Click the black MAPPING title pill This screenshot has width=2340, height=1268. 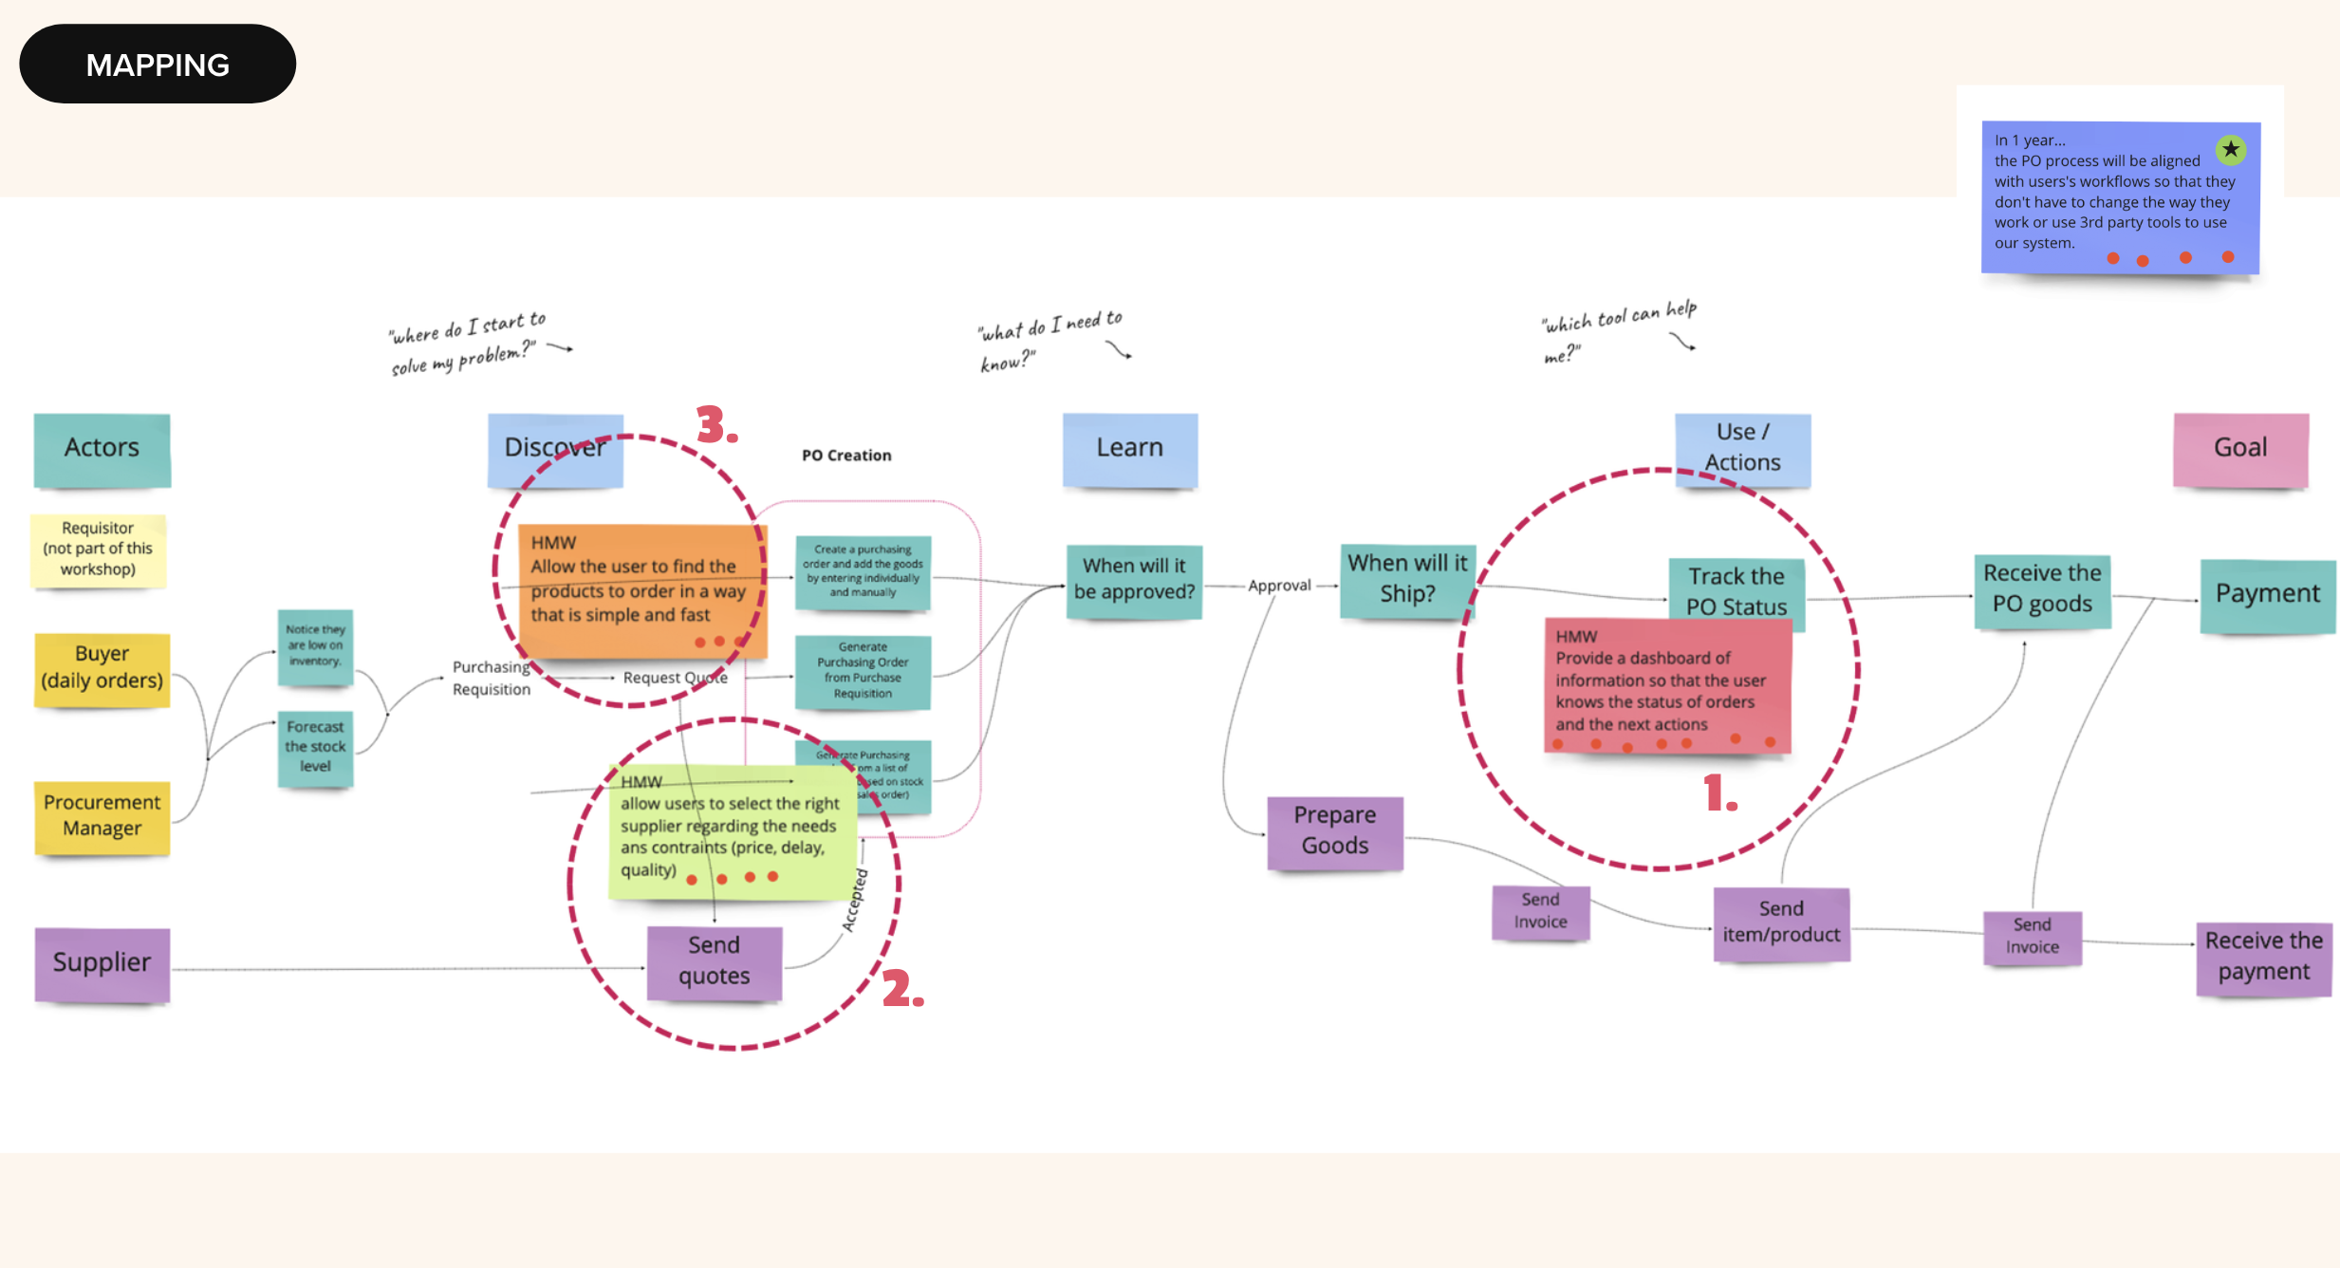click(x=158, y=65)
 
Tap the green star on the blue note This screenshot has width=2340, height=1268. click(x=2230, y=149)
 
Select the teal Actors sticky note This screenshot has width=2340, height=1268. click(x=102, y=448)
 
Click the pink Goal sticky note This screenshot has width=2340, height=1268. click(x=2240, y=448)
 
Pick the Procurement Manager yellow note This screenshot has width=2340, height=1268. click(x=102, y=815)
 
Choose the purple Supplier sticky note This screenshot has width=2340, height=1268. click(x=102, y=962)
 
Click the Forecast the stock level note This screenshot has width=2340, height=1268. click(x=315, y=747)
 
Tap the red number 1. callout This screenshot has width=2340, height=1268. click(x=1718, y=793)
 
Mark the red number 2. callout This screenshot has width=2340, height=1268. click(x=901, y=989)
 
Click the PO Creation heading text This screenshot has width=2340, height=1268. click(x=846, y=456)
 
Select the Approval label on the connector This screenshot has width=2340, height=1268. click(x=1279, y=586)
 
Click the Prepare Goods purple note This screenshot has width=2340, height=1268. click(x=1334, y=830)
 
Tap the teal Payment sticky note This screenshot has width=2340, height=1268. click(x=2267, y=594)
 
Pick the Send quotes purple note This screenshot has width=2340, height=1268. click(x=714, y=960)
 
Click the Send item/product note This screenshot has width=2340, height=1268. click(x=1781, y=923)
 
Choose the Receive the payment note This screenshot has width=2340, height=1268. click(x=2263, y=957)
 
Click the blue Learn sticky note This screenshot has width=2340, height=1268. click(x=1129, y=448)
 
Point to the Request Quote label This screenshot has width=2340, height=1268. click(x=675, y=678)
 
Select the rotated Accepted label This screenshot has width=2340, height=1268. click(x=855, y=900)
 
